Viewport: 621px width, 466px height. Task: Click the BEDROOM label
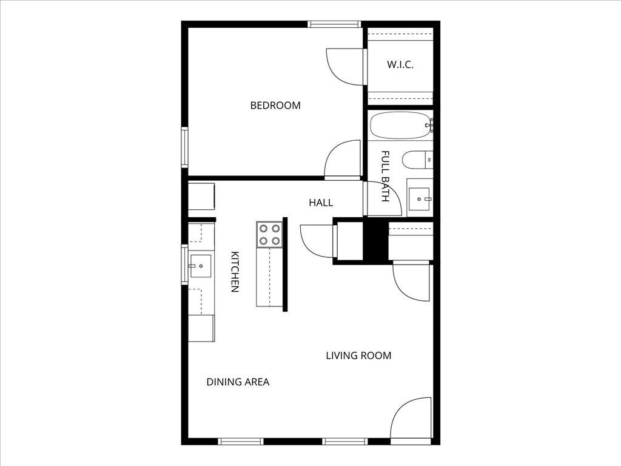point(275,106)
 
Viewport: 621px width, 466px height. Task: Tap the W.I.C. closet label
point(400,65)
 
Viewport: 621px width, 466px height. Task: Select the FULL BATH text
point(385,176)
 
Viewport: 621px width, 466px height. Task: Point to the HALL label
point(321,203)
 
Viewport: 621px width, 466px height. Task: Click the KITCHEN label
point(235,272)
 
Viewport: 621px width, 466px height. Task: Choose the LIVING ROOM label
point(358,356)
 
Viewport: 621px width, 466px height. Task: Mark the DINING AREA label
point(238,382)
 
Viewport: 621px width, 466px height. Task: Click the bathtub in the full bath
point(400,125)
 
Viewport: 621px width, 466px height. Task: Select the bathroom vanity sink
point(419,198)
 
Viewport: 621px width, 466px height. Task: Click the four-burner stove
point(269,234)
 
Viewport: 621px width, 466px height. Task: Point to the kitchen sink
point(200,266)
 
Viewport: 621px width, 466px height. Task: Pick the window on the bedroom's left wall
point(184,147)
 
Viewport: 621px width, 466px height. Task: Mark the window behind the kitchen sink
point(184,264)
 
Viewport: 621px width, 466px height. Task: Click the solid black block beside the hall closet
point(375,240)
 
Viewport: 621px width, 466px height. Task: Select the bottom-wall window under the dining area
point(241,441)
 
